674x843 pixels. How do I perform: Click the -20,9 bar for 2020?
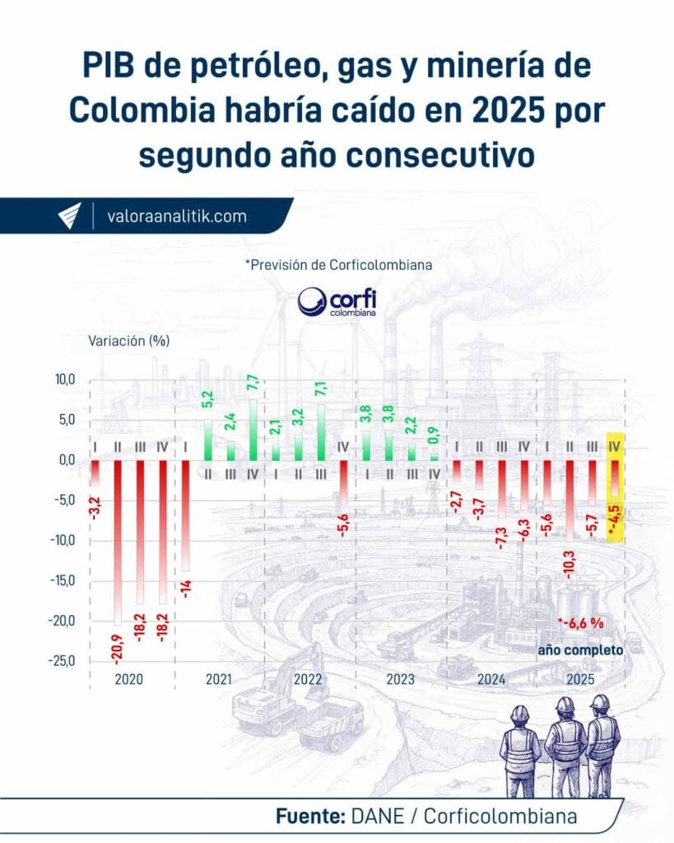(118, 543)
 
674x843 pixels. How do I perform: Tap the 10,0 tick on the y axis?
(63, 380)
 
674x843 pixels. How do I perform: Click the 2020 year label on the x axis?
(130, 680)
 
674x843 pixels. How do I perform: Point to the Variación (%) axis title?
(129, 340)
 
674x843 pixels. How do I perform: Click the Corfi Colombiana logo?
(336, 302)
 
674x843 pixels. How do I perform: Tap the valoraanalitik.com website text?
(176, 217)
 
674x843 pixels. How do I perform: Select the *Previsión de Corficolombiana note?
(338, 265)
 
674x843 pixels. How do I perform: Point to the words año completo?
(580, 650)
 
